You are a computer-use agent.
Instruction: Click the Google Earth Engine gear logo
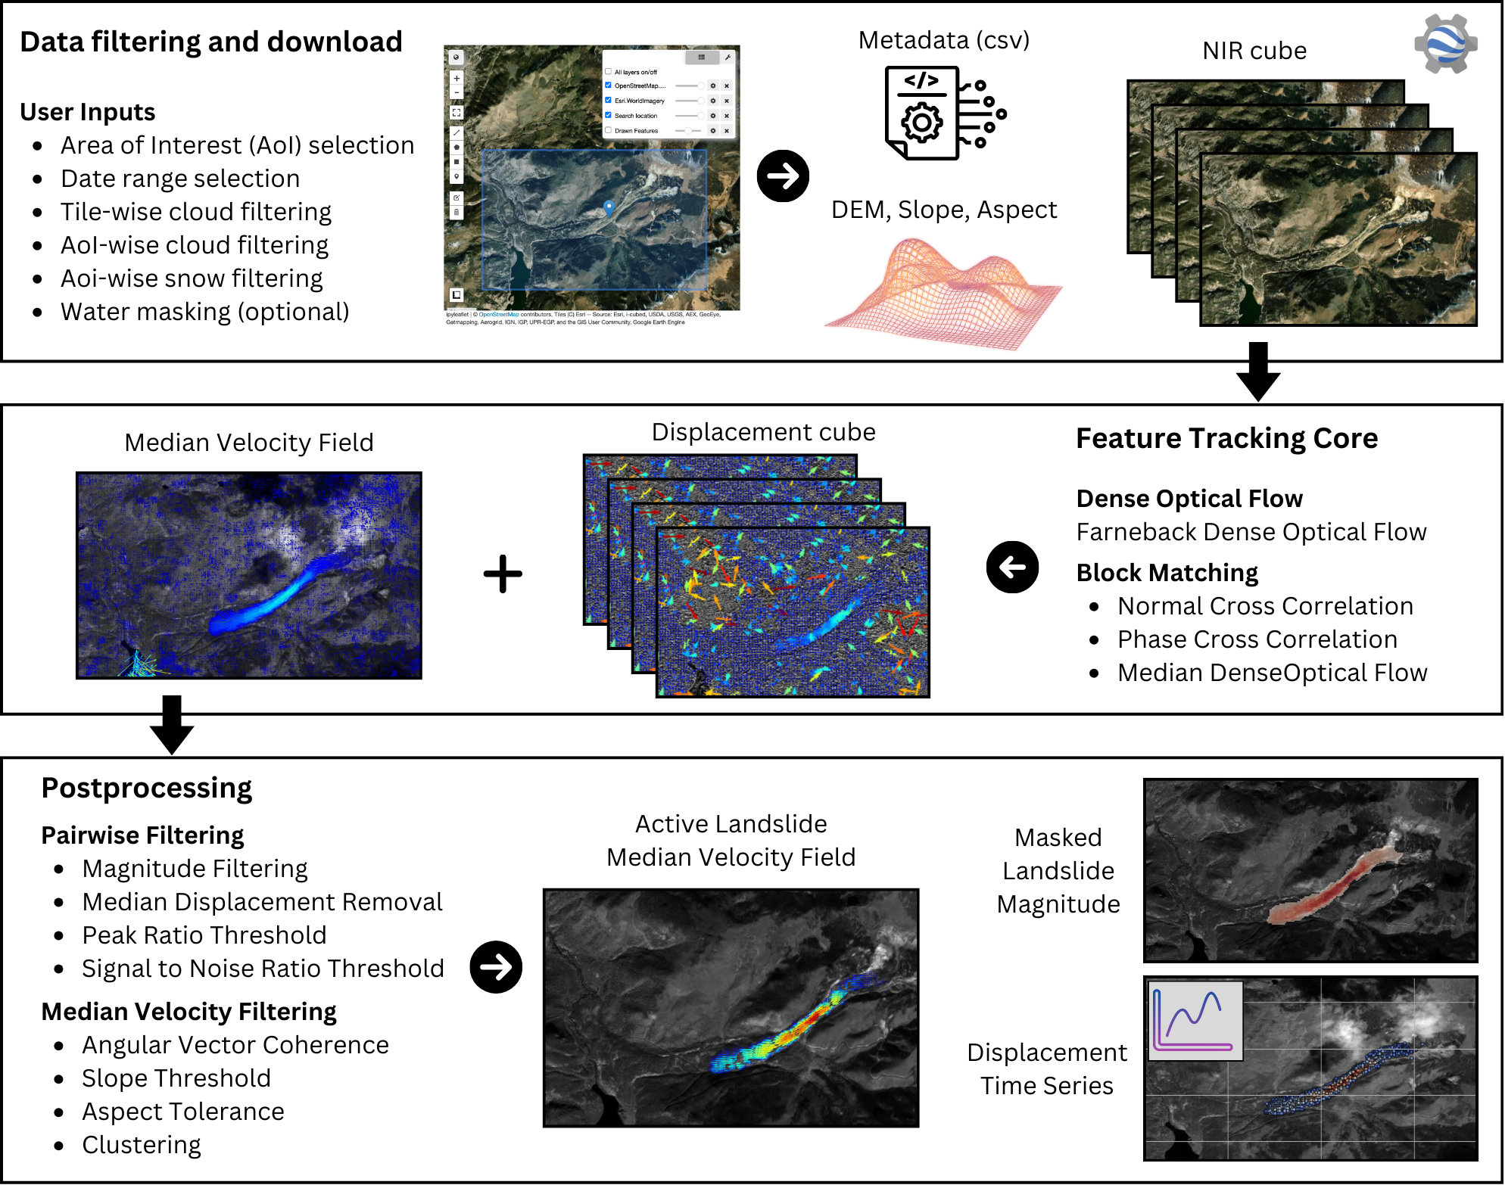click(1445, 43)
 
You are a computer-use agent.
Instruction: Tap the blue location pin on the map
click(609, 207)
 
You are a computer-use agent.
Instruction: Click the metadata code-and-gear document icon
click(943, 113)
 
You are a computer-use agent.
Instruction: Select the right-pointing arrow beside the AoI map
click(783, 176)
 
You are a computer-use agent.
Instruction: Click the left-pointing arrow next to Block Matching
click(1012, 567)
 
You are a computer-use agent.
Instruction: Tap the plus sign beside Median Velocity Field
click(503, 574)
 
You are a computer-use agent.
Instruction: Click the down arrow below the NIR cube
click(1257, 371)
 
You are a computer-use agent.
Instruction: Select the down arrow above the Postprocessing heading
click(172, 724)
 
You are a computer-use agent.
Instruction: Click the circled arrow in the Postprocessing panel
click(496, 966)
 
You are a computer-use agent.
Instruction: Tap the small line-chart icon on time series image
click(1195, 1021)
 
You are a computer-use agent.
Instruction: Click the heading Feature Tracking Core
click(1226, 438)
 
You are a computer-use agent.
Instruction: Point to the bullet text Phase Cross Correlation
click(1257, 639)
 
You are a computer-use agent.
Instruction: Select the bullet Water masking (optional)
click(204, 312)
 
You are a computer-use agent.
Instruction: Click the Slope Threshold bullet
click(176, 1078)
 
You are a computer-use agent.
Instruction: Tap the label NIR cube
click(1254, 51)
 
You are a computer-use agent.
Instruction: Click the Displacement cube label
click(763, 432)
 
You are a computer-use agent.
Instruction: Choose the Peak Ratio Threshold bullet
click(204, 935)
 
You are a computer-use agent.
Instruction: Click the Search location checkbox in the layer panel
click(608, 115)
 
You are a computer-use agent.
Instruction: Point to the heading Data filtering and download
click(211, 42)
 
